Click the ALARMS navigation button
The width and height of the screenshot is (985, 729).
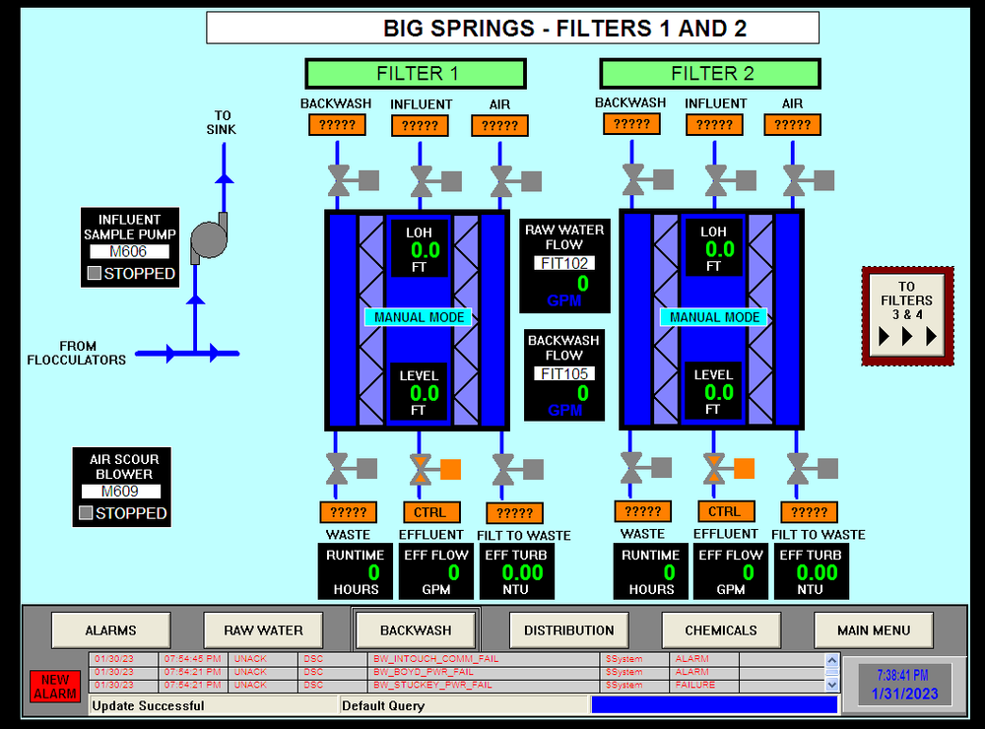click(x=110, y=630)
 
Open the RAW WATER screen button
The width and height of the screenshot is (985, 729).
click(x=263, y=630)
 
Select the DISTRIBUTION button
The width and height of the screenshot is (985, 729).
click(x=568, y=630)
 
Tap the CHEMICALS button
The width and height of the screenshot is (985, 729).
click(x=721, y=630)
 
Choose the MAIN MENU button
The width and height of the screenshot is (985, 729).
click(x=874, y=630)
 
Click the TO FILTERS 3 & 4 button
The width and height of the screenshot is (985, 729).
click(x=907, y=315)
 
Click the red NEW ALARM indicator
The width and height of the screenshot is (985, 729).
click(x=55, y=686)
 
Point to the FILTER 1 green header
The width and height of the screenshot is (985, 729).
click(x=416, y=74)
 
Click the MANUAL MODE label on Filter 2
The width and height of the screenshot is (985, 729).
click(x=715, y=317)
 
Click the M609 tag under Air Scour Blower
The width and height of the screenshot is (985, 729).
click(x=121, y=492)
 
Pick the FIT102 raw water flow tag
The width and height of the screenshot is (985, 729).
click(x=564, y=263)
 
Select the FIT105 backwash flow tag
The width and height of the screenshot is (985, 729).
click(x=564, y=373)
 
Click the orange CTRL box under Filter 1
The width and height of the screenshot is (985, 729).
click(x=430, y=512)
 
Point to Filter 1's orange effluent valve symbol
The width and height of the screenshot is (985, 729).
click(x=422, y=469)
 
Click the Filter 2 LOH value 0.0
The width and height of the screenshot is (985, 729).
click(x=713, y=250)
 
